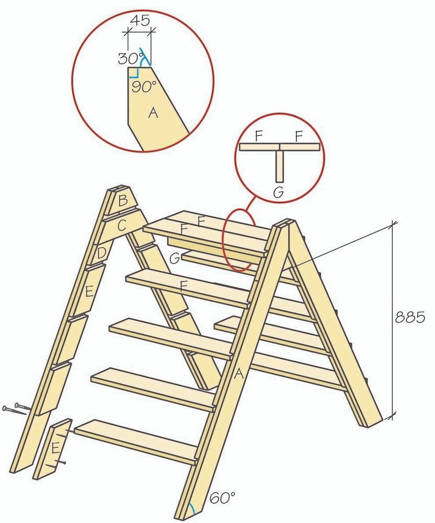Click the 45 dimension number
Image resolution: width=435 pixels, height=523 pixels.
[140, 21]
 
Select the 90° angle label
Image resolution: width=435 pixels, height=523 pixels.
[144, 87]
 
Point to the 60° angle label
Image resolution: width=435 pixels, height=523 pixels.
[222, 498]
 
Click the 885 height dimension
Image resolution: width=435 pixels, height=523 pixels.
[410, 317]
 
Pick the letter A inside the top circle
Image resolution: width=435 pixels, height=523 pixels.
[153, 113]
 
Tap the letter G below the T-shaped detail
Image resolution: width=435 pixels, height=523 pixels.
[278, 192]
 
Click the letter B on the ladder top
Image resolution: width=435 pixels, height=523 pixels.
[123, 201]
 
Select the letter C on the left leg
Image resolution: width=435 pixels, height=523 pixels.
[122, 226]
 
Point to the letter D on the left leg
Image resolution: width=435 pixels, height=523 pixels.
[101, 254]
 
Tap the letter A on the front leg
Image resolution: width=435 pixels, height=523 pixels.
[238, 374]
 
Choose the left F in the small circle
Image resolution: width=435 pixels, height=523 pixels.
[259, 136]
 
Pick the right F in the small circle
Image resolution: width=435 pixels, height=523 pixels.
[299, 136]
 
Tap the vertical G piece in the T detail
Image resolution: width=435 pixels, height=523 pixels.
[280, 166]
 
